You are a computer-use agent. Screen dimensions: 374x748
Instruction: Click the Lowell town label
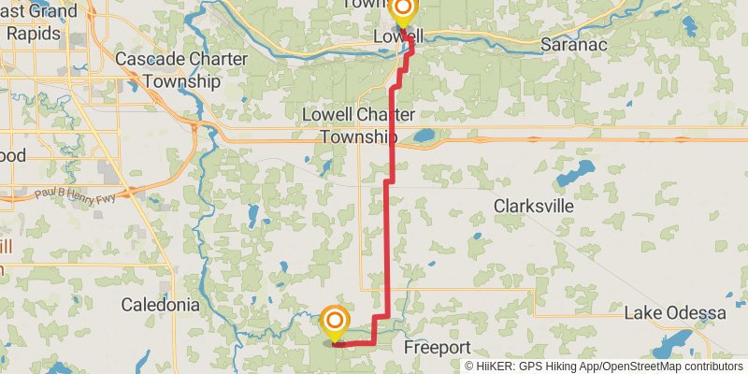click(x=397, y=36)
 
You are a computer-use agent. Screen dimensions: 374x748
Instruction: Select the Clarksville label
click(x=533, y=207)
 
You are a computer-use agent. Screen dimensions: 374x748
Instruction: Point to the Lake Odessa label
click(x=675, y=312)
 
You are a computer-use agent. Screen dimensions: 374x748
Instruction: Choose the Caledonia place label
click(x=161, y=305)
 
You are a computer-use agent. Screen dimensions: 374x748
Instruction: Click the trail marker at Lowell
click(x=403, y=12)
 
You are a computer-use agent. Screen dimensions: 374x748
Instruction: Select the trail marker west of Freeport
click(x=335, y=323)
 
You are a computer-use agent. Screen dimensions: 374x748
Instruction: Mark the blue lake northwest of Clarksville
click(x=574, y=174)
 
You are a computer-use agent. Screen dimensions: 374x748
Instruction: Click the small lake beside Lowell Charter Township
click(x=424, y=137)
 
